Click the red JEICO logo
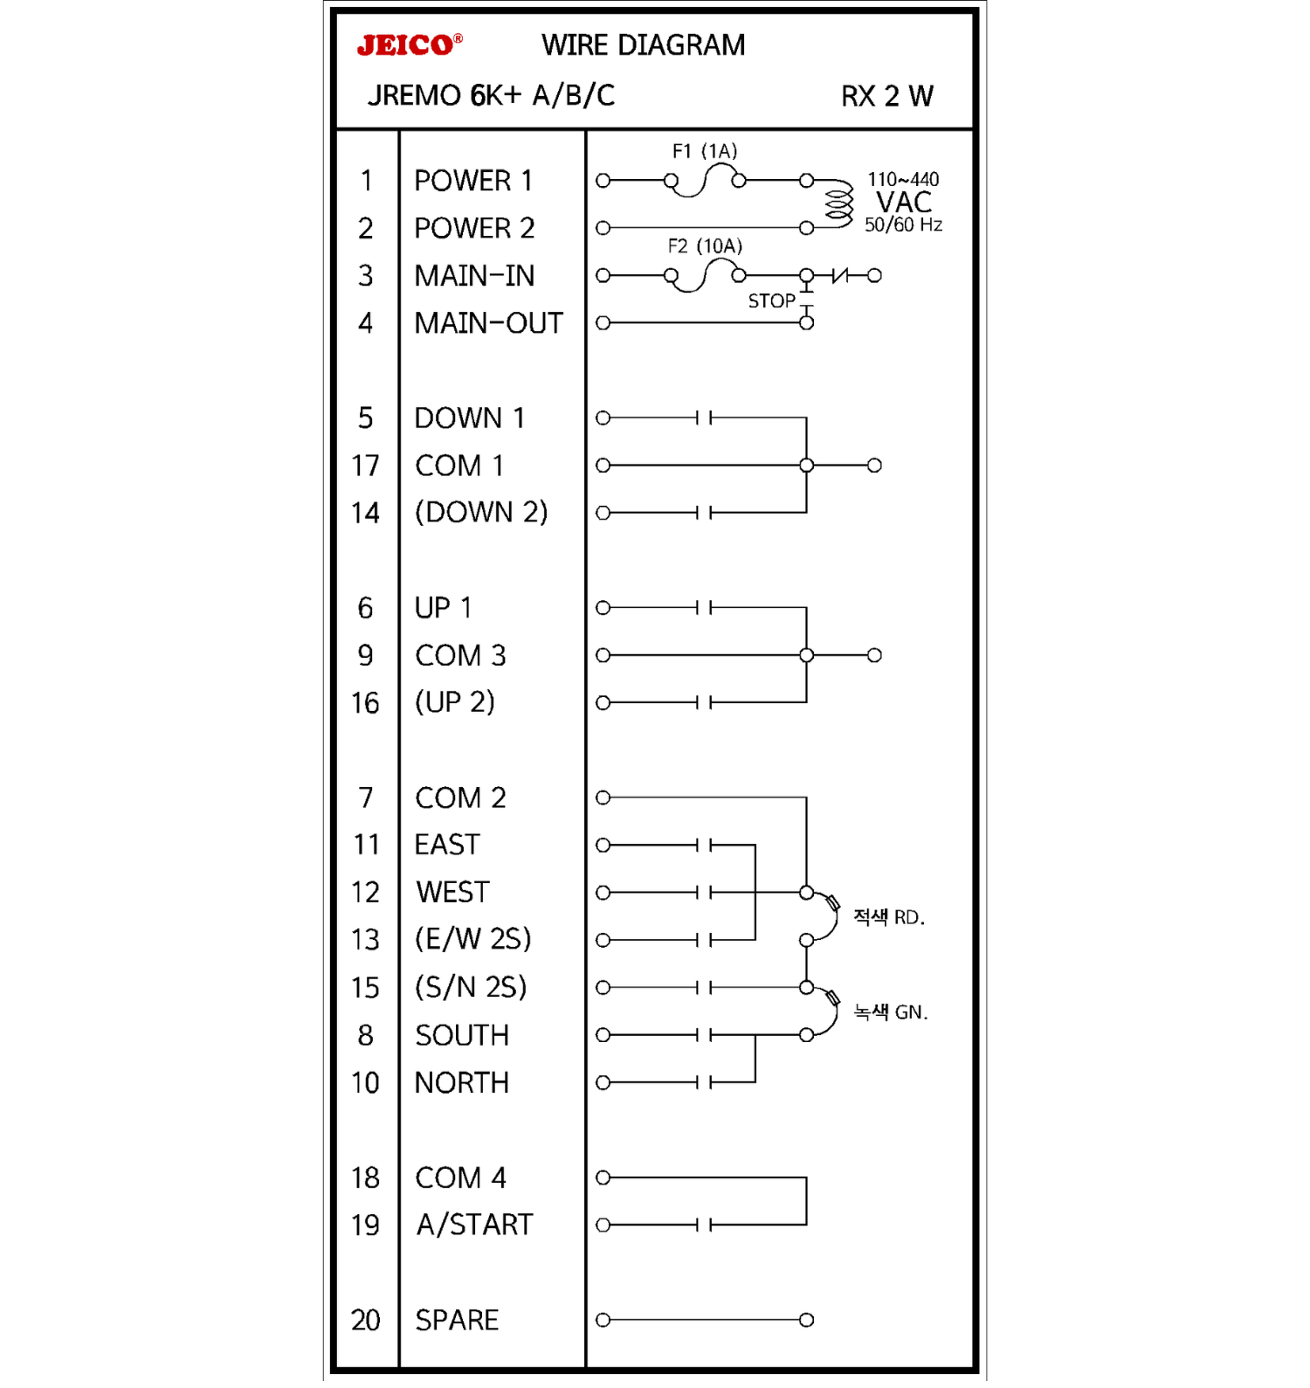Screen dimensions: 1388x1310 click(407, 45)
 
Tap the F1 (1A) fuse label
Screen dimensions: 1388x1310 click(704, 151)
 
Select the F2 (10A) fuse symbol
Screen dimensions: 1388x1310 click(705, 276)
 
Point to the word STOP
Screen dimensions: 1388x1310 click(771, 301)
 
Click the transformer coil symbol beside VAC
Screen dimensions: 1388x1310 click(839, 204)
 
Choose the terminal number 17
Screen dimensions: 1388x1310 click(365, 466)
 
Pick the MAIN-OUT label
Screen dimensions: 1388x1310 click(488, 323)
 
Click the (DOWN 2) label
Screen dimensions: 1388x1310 click(481, 512)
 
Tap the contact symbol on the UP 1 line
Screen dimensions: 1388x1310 click(704, 608)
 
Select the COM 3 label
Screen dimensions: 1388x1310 click(460, 655)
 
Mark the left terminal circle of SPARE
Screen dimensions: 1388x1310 click(603, 1320)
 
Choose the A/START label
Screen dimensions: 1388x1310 click(474, 1225)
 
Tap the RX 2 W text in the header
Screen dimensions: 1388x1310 click(886, 96)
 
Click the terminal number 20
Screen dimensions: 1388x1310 click(365, 1320)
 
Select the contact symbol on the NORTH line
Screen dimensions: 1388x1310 click(704, 1083)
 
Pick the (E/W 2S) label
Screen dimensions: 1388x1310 click(473, 939)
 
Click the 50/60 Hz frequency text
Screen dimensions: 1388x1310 click(903, 225)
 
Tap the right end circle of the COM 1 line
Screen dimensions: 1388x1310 click(874, 466)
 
